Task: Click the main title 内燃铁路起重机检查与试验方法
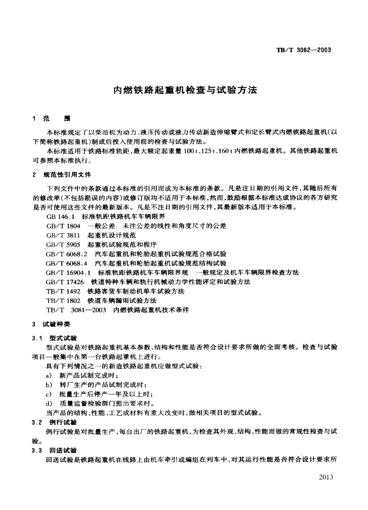point(185,90)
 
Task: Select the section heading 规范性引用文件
point(67,175)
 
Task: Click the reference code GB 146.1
point(60,216)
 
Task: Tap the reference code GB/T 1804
point(63,226)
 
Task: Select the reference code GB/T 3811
point(63,235)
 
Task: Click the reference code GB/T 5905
point(63,244)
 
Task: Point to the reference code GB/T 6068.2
point(66,254)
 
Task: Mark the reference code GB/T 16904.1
point(68,272)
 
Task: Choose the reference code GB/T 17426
point(65,282)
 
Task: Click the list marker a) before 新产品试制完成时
point(49,376)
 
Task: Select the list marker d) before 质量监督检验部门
point(49,404)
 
